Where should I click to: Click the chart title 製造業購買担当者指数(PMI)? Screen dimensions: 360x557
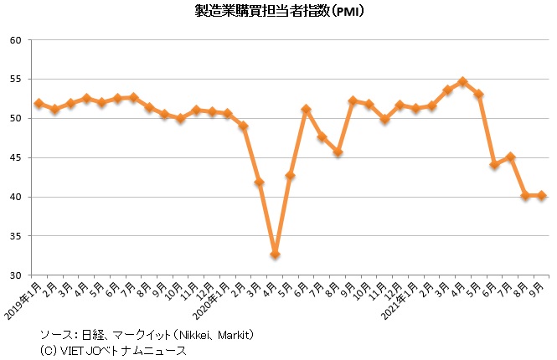279,12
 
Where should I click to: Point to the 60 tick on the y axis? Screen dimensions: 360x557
16,40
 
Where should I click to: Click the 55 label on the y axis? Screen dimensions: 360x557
16,80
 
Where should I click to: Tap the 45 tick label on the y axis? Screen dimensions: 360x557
16,158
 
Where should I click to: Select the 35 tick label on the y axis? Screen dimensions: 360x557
16,236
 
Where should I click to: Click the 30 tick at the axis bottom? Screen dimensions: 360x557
16,275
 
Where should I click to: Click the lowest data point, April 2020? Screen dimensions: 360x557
274,255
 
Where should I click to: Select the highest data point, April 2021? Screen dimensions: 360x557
462,82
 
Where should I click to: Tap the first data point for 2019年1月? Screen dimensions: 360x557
39,104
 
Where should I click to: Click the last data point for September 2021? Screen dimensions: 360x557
542,196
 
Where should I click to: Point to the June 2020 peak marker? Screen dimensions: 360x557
307,110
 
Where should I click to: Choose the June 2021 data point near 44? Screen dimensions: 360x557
494,165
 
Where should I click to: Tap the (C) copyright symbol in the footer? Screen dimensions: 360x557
48,351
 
